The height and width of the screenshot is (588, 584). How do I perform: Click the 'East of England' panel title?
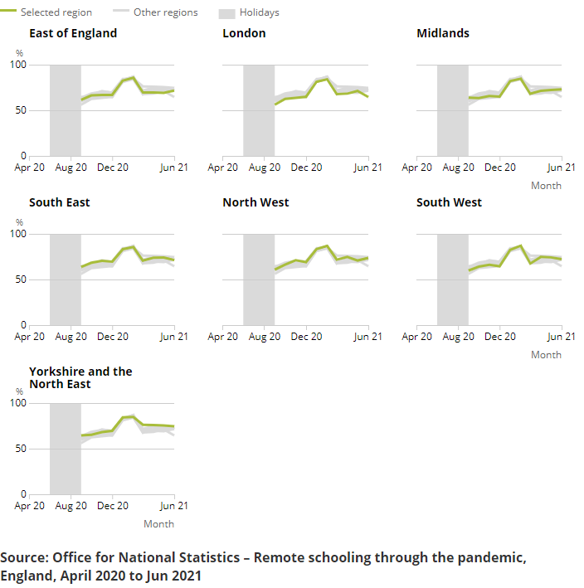73,33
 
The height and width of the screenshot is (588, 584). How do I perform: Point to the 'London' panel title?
244,33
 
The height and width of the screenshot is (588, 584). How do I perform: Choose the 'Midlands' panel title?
443,33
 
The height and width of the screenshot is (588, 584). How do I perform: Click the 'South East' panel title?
60,202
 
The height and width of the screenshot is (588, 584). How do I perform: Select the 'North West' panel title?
255,202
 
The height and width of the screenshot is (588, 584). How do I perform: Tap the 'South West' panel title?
449,202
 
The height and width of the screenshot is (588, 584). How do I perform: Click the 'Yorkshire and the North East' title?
80,377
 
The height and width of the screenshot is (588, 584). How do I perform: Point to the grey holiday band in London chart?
259,109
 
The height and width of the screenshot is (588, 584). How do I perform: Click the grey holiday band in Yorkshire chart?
66,448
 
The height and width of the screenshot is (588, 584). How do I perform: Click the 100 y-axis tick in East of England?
18,65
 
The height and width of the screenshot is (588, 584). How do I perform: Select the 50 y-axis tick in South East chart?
21,279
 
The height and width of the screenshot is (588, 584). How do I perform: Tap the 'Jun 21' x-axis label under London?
367,168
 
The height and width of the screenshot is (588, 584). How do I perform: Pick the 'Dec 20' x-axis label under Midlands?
499,168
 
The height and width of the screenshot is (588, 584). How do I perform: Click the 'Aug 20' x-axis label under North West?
264,337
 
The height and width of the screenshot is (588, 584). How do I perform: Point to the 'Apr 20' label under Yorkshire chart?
30,506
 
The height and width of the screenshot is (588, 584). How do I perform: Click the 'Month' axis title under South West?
546,355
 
